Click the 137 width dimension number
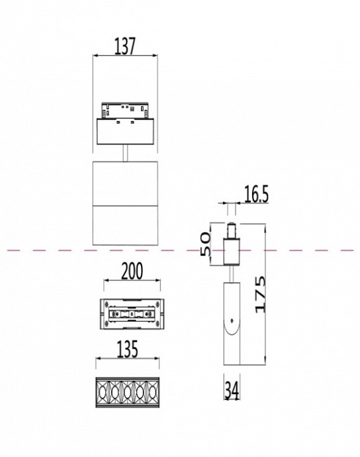[124, 46]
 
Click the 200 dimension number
[132, 272]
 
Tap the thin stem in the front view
[124, 152]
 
